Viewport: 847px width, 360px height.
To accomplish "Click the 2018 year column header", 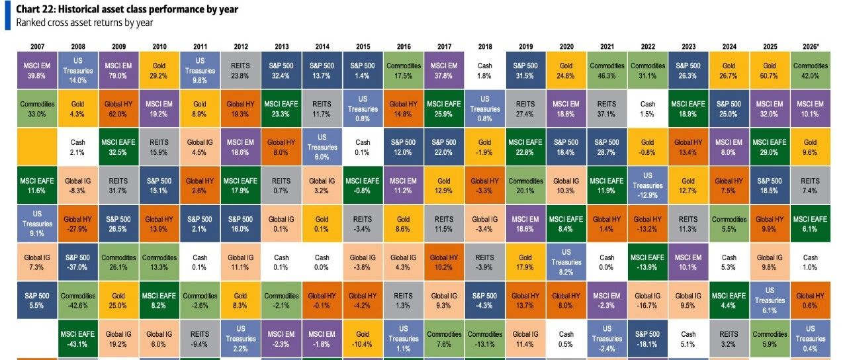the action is pyautogui.click(x=485, y=46).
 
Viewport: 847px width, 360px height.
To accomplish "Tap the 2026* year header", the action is pyautogui.click(x=811, y=46).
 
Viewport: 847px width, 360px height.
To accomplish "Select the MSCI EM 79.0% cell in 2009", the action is pyautogui.click(x=118, y=70).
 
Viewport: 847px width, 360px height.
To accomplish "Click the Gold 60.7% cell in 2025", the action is pyautogui.click(x=770, y=70).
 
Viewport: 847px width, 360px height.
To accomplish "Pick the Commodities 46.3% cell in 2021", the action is pyautogui.click(x=607, y=70).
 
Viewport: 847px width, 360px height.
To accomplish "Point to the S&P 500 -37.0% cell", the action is pyautogui.click(x=77, y=262).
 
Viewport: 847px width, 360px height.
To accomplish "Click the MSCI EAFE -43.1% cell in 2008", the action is pyautogui.click(x=77, y=339).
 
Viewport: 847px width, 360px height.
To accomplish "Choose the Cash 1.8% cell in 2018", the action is pyautogui.click(x=485, y=70).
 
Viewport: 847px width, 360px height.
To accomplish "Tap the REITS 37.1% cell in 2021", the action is pyautogui.click(x=607, y=109).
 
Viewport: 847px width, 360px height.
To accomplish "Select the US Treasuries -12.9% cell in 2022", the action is pyautogui.click(x=648, y=185).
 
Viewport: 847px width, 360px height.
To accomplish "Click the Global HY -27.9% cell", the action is pyautogui.click(x=77, y=224).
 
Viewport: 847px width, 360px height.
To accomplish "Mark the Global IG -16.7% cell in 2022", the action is pyautogui.click(x=648, y=300).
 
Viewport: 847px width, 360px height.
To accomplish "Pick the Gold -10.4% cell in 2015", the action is pyautogui.click(x=363, y=339).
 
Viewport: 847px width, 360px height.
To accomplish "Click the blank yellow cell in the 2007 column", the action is pyautogui.click(x=37, y=147).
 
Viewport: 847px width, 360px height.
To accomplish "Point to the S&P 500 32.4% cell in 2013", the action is pyautogui.click(x=281, y=70).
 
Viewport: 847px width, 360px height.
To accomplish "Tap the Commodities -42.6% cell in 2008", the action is pyautogui.click(x=77, y=300).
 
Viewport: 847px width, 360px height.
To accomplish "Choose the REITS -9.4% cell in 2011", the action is pyautogui.click(x=200, y=339).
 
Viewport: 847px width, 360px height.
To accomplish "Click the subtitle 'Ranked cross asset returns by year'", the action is pyautogui.click(x=84, y=22).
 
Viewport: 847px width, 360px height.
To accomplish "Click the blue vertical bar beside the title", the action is pyautogui.click(x=7, y=15).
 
